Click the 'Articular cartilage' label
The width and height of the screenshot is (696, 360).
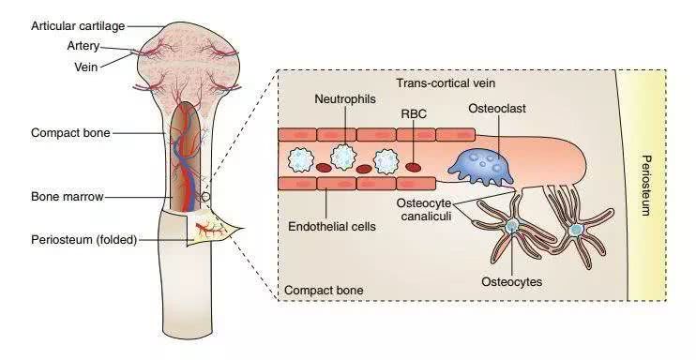pyautogui.click(x=78, y=26)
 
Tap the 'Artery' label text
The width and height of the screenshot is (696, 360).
pyautogui.click(x=83, y=46)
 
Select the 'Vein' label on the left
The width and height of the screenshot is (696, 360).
pyautogui.click(x=85, y=67)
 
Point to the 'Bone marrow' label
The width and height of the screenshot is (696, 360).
pyautogui.click(x=68, y=197)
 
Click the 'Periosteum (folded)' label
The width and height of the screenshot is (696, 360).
pyautogui.click(x=83, y=240)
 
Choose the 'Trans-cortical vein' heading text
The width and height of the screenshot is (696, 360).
pyautogui.click(x=446, y=83)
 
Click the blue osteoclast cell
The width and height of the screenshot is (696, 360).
pyautogui.click(x=480, y=166)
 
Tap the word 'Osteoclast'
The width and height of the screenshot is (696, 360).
pyautogui.click(x=497, y=109)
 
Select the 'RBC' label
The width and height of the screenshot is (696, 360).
pyautogui.click(x=414, y=114)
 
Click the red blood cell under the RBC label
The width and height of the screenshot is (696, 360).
pyautogui.click(x=414, y=167)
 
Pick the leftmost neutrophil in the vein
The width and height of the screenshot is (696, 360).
pyautogui.click(x=301, y=159)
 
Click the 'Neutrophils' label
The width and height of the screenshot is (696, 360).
pyautogui.click(x=345, y=98)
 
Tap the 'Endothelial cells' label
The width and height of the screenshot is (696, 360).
pyautogui.click(x=332, y=226)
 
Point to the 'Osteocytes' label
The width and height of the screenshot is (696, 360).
pyautogui.click(x=512, y=282)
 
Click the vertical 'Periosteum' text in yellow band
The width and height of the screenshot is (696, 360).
pyautogui.click(x=646, y=186)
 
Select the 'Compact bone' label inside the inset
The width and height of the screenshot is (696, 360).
pyautogui.click(x=324, y=291)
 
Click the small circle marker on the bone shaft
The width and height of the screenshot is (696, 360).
pyautogui.click(x=205, y=197)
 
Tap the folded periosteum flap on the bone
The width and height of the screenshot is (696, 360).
pyautogui.click(x=212, y=227)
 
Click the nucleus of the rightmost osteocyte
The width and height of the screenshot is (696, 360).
pyautogui.click(x=576, y=230)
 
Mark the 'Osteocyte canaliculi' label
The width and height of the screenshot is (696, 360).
pyautogui.click(x=425, y=210)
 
